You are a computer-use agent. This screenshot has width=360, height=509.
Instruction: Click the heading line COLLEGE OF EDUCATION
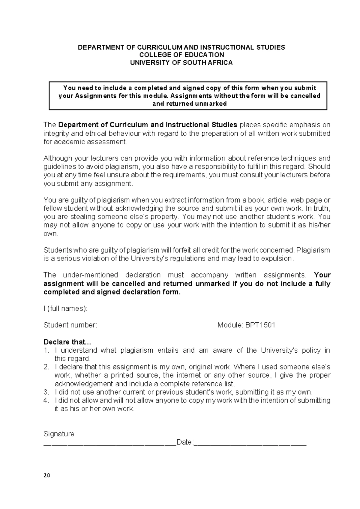(181, 55)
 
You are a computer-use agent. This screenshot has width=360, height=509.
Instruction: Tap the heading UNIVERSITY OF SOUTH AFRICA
(181, 63)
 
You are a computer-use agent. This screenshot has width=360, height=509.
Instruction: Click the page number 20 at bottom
(47, 475)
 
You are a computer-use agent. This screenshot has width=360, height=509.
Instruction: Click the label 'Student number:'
(70, 325)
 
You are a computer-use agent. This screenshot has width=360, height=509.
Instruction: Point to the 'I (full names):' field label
(65, 309)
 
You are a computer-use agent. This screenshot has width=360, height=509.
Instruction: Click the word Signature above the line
(59, 434)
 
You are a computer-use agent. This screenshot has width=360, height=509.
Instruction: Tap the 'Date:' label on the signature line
(185, 442)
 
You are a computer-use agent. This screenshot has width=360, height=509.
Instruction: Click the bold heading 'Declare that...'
(67, 342)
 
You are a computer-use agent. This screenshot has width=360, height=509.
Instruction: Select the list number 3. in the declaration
(46, 392)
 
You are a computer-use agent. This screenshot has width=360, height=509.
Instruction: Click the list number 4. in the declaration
(46, 400)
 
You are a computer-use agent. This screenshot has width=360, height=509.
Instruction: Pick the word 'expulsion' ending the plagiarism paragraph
(278, 259)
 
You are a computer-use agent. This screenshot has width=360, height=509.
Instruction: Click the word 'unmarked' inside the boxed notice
(211, 104)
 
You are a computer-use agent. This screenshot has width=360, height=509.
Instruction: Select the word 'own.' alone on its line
(51, 234)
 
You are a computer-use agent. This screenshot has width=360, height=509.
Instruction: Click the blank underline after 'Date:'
(250, 443)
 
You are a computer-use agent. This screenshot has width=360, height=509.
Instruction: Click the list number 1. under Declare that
(46, 351)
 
